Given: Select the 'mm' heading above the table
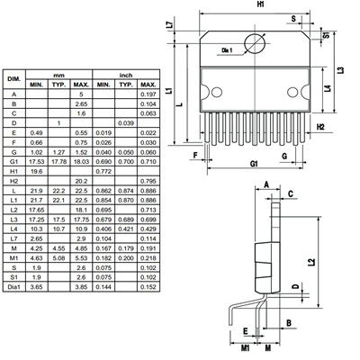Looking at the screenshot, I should point(58,75).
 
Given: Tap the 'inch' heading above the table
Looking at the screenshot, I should point(126,75).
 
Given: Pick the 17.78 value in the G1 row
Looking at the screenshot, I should point(58,162).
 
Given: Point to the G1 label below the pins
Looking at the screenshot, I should point(255,163).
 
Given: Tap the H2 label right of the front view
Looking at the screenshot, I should point(321,128).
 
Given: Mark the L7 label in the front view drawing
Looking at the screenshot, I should point(170,25).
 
